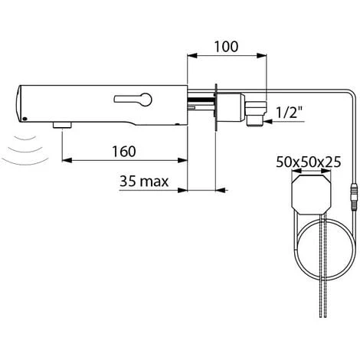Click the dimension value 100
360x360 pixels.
pos(226,45)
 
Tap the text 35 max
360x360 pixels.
pos(145,182)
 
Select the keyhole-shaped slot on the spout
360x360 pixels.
pos(134,99)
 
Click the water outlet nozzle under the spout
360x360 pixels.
pos(61,124)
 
